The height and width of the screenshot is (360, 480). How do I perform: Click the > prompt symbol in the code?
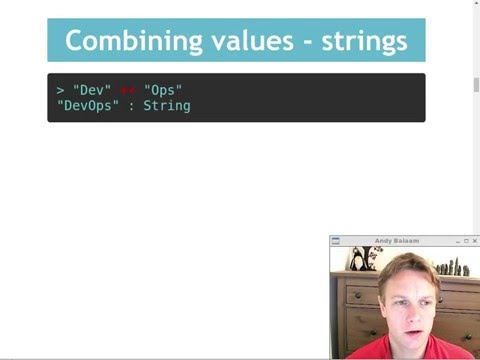[60, 90]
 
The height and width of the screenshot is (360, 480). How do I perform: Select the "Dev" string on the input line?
[92, 90]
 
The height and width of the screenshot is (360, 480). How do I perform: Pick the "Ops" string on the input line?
[164, 90]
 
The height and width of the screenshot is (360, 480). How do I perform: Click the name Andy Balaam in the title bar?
[397, 241]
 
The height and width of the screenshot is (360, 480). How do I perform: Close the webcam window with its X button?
[475, 241]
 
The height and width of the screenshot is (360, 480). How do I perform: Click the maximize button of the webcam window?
[466, 241]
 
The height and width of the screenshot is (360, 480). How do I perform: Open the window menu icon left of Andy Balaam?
[336, 241]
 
